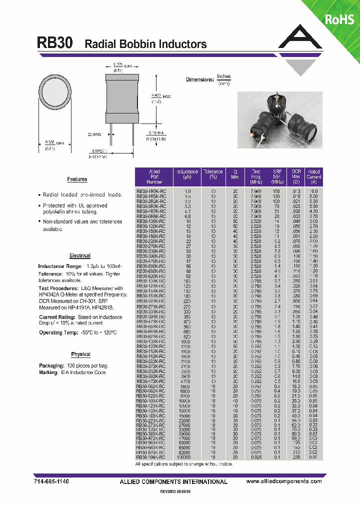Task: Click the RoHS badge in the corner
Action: (x=339, y=19)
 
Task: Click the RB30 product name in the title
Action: (x=55, y=43)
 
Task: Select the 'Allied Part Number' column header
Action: (x=154, y=177)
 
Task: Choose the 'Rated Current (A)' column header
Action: (x=313, y=177)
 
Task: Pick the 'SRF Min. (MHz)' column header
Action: (x=277, y=177)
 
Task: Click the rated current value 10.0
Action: (x=313, y=191)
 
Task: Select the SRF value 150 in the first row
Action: (x=276, y=191)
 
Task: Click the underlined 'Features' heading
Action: (x=77, y=179)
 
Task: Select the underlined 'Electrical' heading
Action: (x=80, y=255)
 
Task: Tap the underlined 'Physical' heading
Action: (x=80, y=354)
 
